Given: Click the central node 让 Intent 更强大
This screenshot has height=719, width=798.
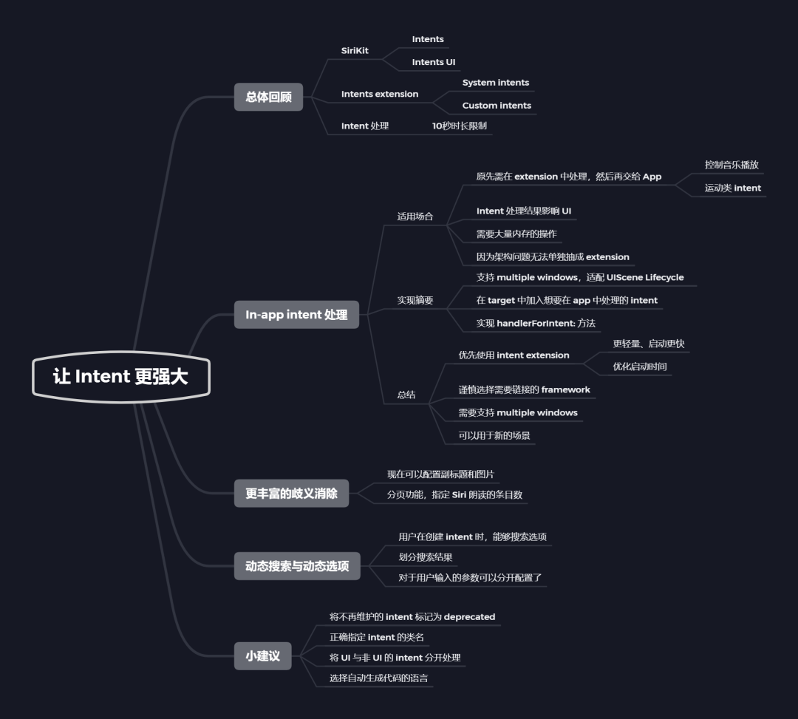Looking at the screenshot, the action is coord(121,377).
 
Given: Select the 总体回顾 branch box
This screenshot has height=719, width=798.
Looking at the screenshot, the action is coord(268,97).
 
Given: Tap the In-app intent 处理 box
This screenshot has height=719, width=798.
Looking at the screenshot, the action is coord(296,315).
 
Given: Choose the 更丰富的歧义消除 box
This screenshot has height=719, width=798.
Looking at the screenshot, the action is coord(291,494).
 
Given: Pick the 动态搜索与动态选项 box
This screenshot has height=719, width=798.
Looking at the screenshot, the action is coord(297,567).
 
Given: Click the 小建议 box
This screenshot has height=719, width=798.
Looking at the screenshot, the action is coord(262,655).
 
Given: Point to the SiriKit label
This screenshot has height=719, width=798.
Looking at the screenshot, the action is coord(355,51).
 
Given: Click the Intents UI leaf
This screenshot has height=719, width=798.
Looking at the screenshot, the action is coord(434,62).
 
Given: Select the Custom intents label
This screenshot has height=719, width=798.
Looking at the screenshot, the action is coord(497,106).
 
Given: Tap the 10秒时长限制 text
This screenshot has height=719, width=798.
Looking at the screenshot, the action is coord(460,126).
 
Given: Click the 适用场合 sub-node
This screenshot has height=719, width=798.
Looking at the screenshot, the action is coord(415,217).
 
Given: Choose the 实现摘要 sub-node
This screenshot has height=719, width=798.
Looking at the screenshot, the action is coord(415,301).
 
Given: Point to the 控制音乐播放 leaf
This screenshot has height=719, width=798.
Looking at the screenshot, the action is coord(731,166).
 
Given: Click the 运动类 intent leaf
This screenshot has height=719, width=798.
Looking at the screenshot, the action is coord(732,188).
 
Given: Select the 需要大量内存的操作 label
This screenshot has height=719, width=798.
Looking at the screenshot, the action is coord(516,234).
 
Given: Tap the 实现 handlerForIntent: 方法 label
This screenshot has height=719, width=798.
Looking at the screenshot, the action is coord(536,324).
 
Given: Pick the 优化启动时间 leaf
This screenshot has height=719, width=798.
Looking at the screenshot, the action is coord(640,367).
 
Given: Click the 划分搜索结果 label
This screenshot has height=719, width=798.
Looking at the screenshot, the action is coord(426,557).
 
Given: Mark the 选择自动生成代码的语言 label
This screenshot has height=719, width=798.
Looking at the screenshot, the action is coord(378,678).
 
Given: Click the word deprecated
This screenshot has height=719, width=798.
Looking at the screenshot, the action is coord(469,617).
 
